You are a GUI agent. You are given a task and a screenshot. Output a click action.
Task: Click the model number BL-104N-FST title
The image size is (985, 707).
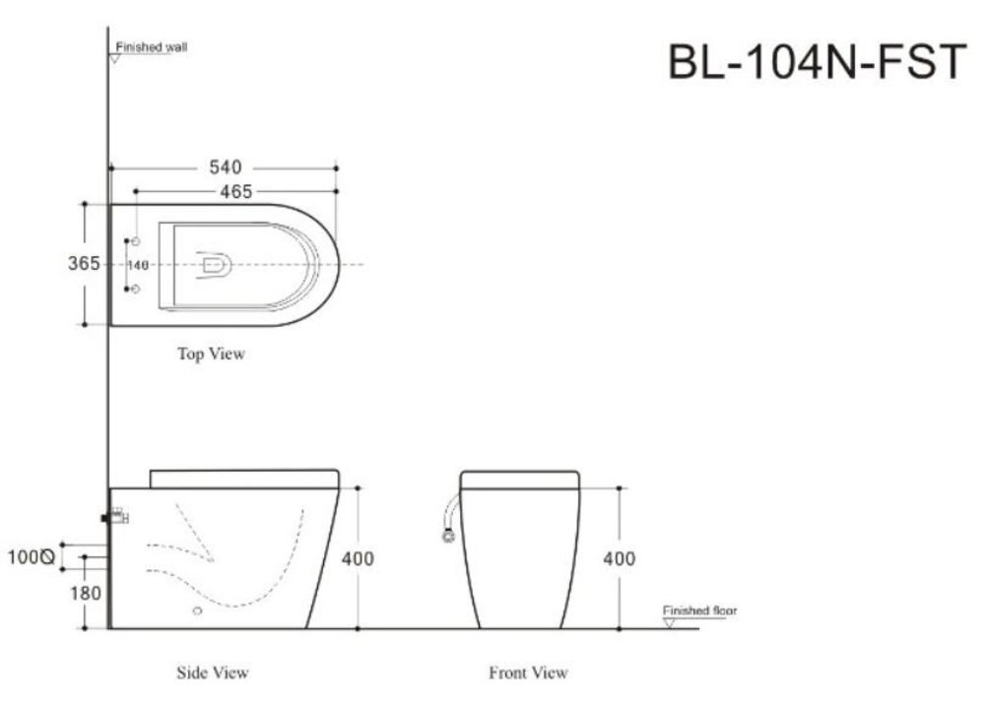tap(817, 61)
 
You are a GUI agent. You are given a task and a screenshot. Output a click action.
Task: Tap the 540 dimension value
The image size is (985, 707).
tap(226, 167)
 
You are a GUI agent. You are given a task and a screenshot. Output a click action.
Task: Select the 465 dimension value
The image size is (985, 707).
tap(236, 191)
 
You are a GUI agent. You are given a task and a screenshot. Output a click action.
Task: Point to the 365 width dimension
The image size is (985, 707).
tap(84, 263)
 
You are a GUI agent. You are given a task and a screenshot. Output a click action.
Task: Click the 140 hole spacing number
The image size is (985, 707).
tap(138, 265)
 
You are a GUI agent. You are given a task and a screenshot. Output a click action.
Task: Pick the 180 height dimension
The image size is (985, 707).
tap(86, 594)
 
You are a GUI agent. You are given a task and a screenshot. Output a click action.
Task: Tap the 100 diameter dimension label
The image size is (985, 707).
tap(31, 557)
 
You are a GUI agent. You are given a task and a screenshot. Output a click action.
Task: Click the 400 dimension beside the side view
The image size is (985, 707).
tap(358, 558)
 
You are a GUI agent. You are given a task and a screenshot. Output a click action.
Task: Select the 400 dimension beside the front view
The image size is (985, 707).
tap(620, 558)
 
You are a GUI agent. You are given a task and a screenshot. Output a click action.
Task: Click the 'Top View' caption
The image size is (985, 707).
tap(211, 354)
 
